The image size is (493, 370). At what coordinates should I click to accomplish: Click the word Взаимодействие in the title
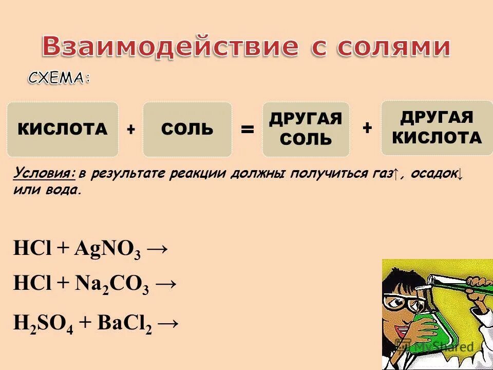170,47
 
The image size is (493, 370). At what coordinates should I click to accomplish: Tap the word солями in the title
393,47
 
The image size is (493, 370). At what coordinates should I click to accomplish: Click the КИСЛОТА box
63,129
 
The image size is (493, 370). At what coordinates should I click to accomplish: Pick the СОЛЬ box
187,129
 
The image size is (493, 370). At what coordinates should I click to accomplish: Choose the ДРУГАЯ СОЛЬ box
306,129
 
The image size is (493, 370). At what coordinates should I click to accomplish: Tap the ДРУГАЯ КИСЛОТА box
437,128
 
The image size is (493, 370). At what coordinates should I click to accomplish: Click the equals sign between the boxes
247,130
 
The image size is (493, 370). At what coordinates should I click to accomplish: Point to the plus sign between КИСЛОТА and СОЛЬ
131,130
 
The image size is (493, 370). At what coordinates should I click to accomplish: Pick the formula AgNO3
106,250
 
